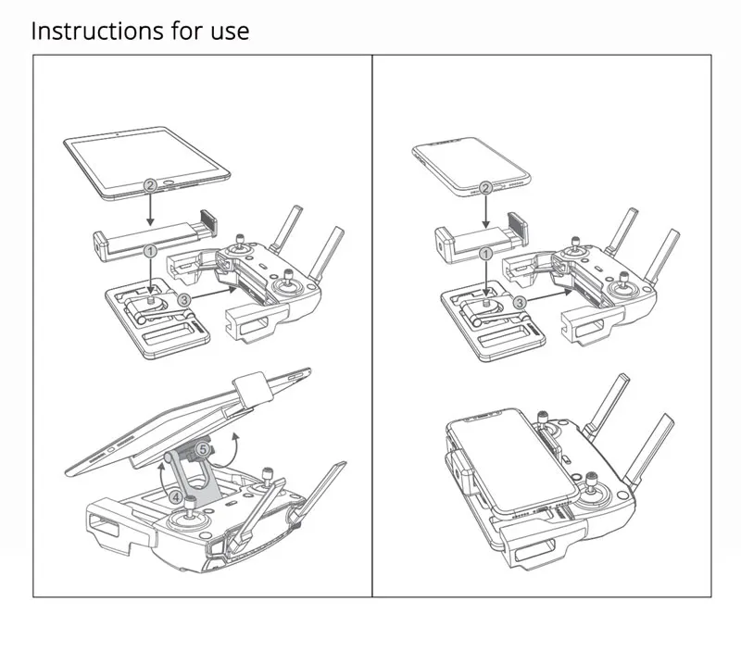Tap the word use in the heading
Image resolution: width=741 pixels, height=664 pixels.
(229, 31)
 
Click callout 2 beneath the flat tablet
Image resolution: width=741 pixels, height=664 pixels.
(150, 185)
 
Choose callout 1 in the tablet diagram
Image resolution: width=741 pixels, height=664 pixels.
(150, 251)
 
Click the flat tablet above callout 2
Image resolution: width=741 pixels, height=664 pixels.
(148, 157)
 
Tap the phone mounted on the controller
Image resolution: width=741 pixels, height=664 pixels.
(496, 463)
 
